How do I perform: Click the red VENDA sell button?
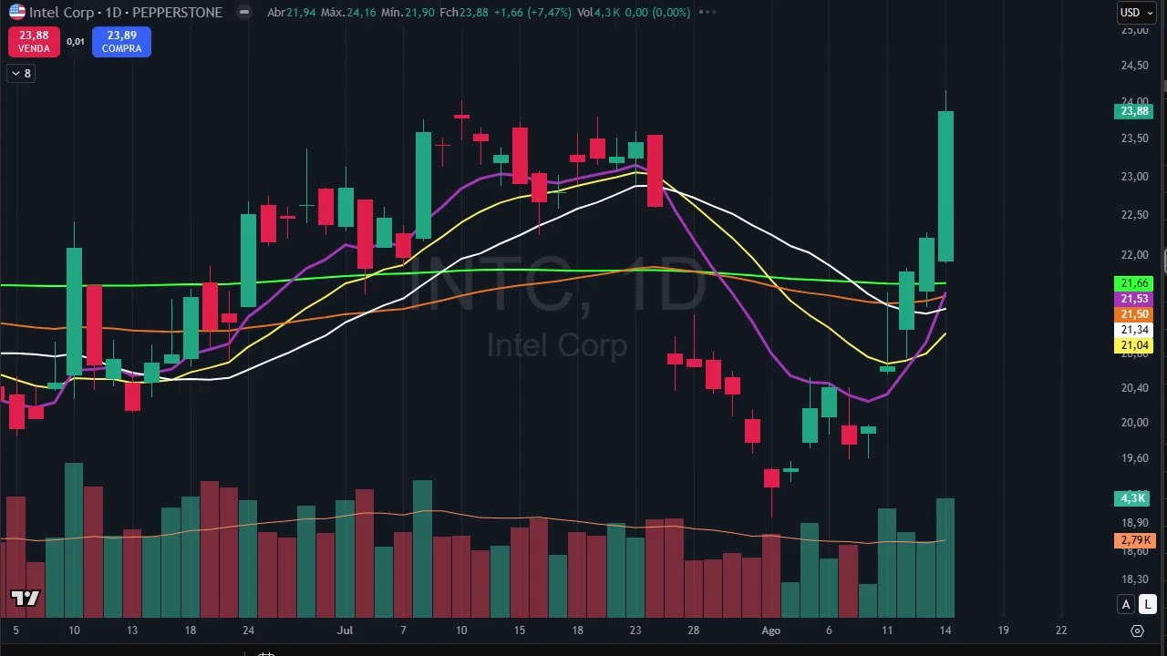pos(34,41)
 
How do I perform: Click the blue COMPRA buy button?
pos(121,41)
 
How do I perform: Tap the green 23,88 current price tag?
pos(1134,111)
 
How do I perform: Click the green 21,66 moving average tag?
pos(1134,283)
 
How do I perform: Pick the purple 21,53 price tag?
pos(1134,299)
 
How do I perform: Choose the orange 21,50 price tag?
pos(1134,314)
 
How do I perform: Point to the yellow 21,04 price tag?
pos(1134,345)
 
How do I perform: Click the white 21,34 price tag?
pos(1134,330)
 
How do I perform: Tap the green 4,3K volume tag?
pos(1133,498)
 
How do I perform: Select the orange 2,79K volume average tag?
pos(1133,541)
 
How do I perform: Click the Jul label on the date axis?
pos(345,630)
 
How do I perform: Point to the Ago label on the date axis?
pos(771,630)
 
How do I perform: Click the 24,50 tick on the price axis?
pos(1134,66)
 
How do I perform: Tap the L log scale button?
pos(1148,604)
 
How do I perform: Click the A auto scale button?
pos(1127,604)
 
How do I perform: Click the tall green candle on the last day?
pos(945,186)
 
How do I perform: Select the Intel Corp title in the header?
pos(60,13)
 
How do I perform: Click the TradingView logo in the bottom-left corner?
pos(26,599)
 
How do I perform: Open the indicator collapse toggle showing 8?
pos(20,74)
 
